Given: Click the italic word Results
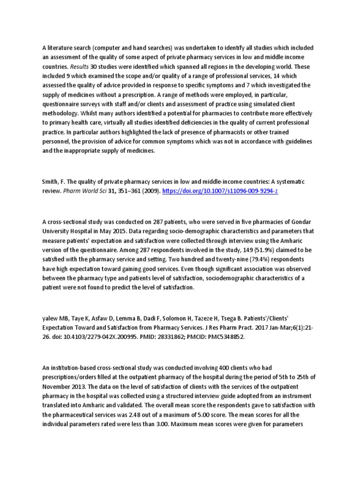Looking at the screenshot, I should point(78,67).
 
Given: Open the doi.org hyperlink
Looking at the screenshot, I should point(220,191).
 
